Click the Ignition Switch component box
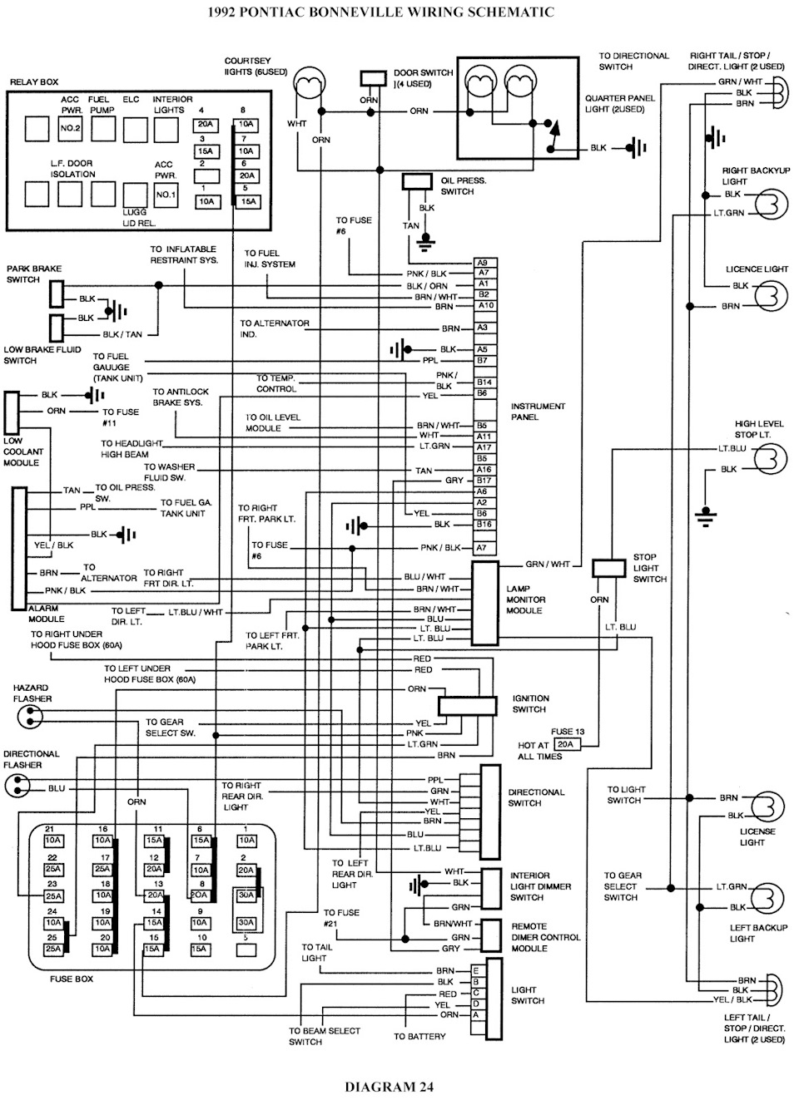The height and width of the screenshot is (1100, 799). [x=467, y=706]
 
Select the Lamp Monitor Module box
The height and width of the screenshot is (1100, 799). [x=484, y=603]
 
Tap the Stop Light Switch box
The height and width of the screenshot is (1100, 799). [x=608, y=568]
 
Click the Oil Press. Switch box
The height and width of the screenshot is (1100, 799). [x=417, y=181]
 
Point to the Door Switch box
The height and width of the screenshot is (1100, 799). [x=373, y=78]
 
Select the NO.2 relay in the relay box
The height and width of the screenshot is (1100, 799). [x=70, y=129]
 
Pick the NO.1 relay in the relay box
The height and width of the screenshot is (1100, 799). [x=166, y=195]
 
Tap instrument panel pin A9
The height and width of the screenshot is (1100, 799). [x=485, y=263]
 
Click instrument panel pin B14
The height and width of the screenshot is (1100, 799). [x=485, y=382]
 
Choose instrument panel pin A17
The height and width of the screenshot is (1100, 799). [x=485, y=447]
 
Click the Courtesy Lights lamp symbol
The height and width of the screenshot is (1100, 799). [x=310, y=82]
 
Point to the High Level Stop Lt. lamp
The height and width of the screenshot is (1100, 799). [x=771, y=459]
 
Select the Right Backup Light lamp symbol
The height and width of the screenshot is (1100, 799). [x=771, y=204]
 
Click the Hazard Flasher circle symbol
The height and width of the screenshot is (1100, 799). [x=30, y=717]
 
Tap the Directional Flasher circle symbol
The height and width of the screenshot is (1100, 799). [x=17, y=787]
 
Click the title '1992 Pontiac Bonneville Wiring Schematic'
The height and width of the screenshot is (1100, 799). [x=381, y=12]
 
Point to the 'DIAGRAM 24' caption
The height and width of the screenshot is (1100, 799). [x=389, y=1087]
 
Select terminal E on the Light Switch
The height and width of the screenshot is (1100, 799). [x=476, y=971]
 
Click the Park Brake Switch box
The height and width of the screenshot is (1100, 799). [x=57, y=294]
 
